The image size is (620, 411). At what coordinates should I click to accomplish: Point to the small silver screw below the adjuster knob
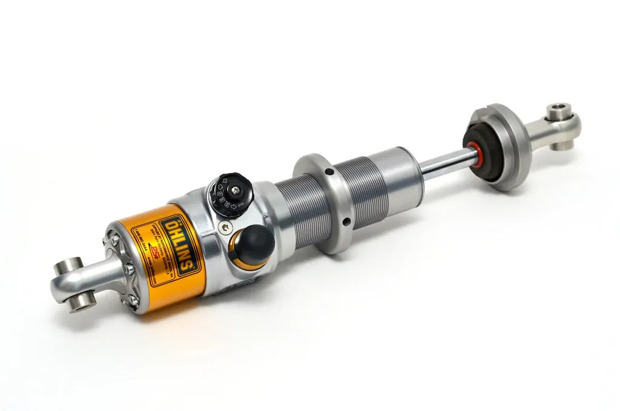pos(225,227)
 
